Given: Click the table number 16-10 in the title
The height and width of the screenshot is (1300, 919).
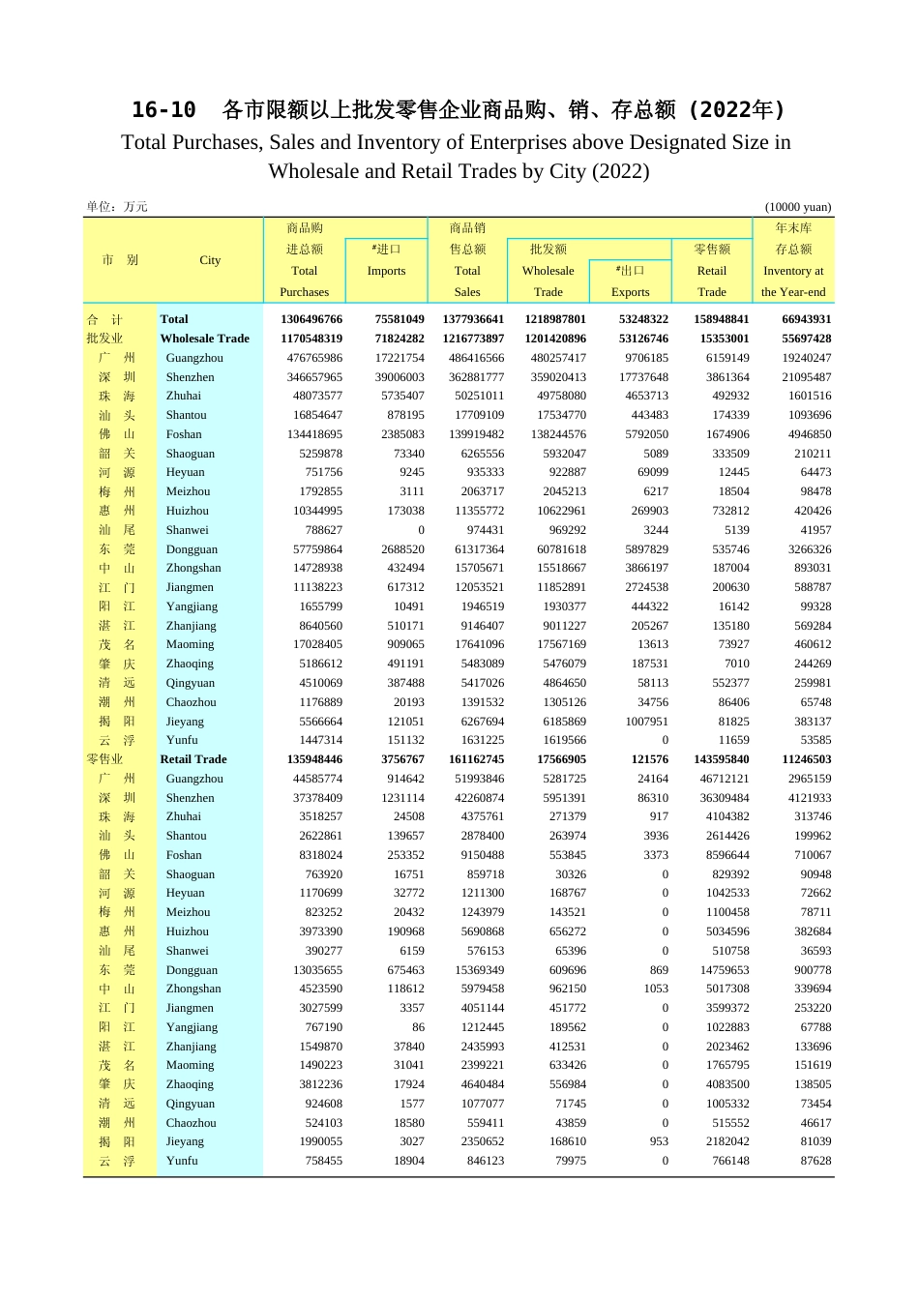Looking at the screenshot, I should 163,110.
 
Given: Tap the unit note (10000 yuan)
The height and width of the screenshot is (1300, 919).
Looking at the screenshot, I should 797,207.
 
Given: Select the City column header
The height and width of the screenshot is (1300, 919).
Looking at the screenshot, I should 210,260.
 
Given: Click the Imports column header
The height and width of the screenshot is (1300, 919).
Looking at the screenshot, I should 386,271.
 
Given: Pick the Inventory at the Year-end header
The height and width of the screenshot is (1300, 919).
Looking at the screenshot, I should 792,281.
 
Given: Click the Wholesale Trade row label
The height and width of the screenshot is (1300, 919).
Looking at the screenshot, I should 204,339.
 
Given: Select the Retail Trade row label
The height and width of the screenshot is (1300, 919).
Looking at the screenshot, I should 193,759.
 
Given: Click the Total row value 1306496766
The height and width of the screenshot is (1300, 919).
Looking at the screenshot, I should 311,319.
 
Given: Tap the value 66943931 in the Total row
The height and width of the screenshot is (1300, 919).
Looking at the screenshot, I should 806,319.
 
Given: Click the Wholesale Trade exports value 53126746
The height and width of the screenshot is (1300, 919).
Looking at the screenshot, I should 643,339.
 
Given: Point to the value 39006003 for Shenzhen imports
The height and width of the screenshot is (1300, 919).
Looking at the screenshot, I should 399,377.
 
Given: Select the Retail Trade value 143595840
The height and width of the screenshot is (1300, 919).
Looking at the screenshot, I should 722,759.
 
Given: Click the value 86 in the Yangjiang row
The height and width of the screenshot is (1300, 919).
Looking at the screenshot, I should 418,1027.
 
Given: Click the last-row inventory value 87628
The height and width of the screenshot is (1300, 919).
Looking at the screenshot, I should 815,1161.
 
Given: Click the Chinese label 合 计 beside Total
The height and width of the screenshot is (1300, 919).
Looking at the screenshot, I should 104,319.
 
